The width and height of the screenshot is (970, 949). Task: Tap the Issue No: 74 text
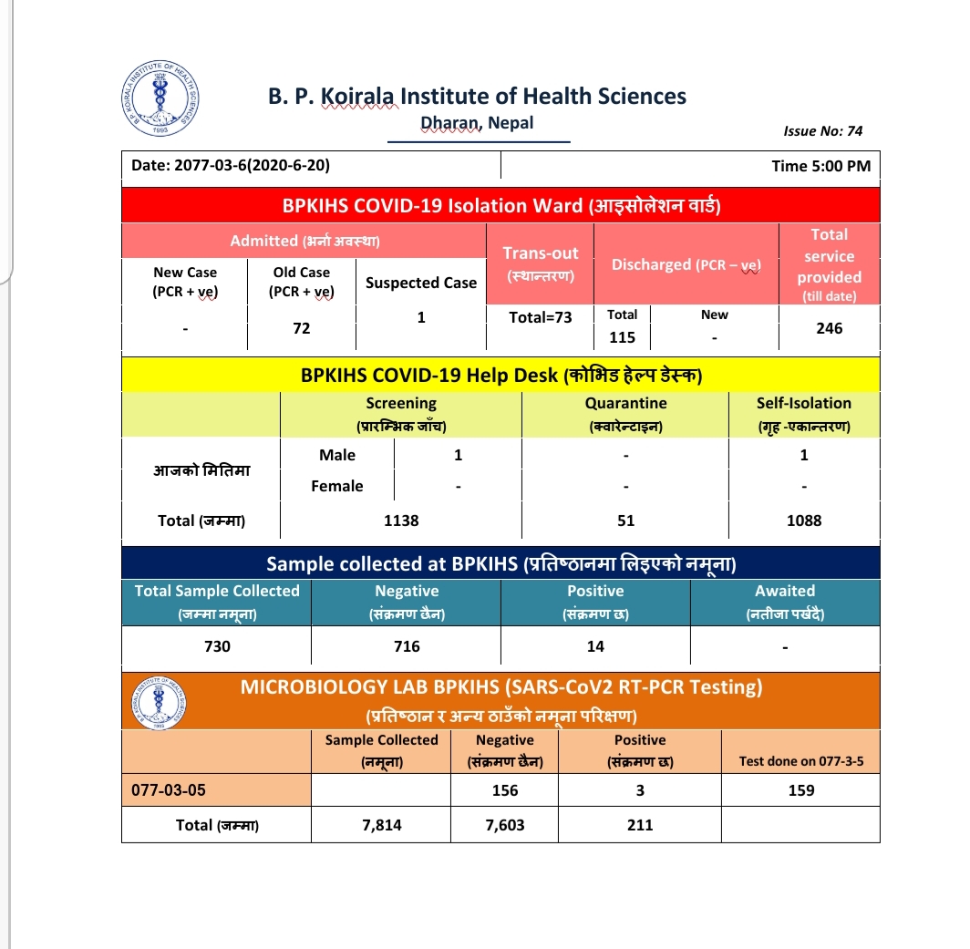(822, 130)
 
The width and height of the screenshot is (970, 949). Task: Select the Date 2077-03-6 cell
(231, 166)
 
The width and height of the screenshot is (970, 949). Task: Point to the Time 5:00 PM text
(820, 166)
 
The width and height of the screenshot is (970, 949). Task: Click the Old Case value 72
(302, 328)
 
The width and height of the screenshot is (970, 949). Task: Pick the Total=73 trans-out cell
(541, 317)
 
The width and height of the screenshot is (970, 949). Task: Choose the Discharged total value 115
(623, 337)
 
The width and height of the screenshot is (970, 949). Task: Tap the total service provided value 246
(830, 328)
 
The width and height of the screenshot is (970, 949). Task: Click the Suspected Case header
(421, 283)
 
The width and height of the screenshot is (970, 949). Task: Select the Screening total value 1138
(401, 521)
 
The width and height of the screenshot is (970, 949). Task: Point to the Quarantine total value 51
(625, 521)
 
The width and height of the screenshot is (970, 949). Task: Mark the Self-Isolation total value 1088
(804, 521)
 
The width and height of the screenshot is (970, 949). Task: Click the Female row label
(337, 486)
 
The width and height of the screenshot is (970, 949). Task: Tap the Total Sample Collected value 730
(217, 646)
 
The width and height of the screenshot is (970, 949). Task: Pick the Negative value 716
(407, 646)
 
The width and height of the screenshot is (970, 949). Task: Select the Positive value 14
(595, 646)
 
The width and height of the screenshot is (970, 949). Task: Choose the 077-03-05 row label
(168, 790)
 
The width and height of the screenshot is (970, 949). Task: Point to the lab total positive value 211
(640, 825)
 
